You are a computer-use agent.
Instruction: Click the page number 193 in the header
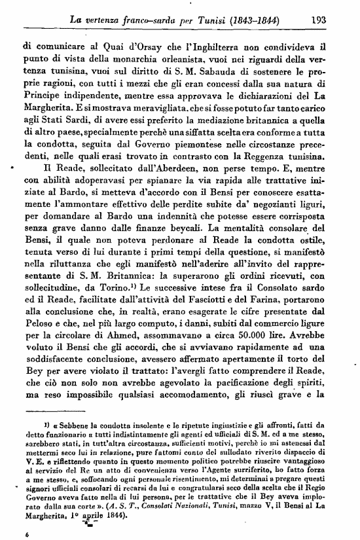[x=319, y=20]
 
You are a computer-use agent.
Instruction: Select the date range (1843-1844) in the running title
[x=252, y=20]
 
